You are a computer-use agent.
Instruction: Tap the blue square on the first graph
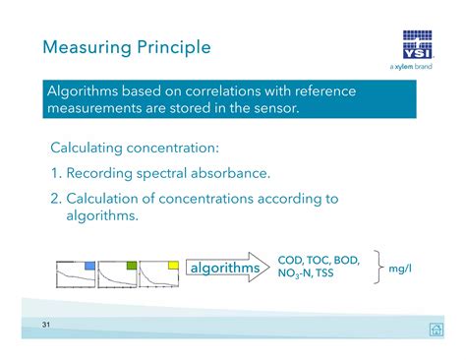point(88,266)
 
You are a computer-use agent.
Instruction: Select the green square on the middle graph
point(131,266)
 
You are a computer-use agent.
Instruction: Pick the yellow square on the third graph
point(173,266)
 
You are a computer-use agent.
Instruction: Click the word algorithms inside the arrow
point(225,269)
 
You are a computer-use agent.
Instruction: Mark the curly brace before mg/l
point(375,268)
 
